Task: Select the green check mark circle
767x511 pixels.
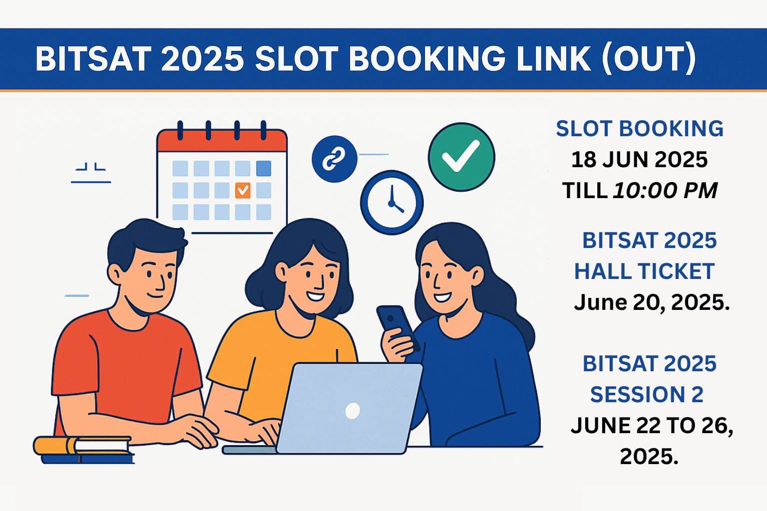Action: [x=461, y=156]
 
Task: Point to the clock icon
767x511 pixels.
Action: [x=392, y=202]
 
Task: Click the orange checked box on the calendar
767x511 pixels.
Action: [x=243, y=190]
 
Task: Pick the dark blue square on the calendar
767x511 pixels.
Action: [x=264, y=168]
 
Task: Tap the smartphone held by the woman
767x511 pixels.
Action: [x=395, y=325]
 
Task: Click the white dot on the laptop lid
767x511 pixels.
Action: [x=353, y=411]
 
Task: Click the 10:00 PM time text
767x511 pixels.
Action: [x=665, y=191]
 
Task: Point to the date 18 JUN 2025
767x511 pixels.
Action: [x=639, y=160]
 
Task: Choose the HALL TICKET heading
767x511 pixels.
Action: [x=644, y=271]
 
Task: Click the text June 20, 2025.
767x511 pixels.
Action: [x=652, y=302]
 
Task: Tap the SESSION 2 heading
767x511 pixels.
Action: [x=647, y=395]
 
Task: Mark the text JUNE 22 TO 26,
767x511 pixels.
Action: [x=652, y=426]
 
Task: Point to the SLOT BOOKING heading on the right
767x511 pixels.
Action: [x=640, y=129]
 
